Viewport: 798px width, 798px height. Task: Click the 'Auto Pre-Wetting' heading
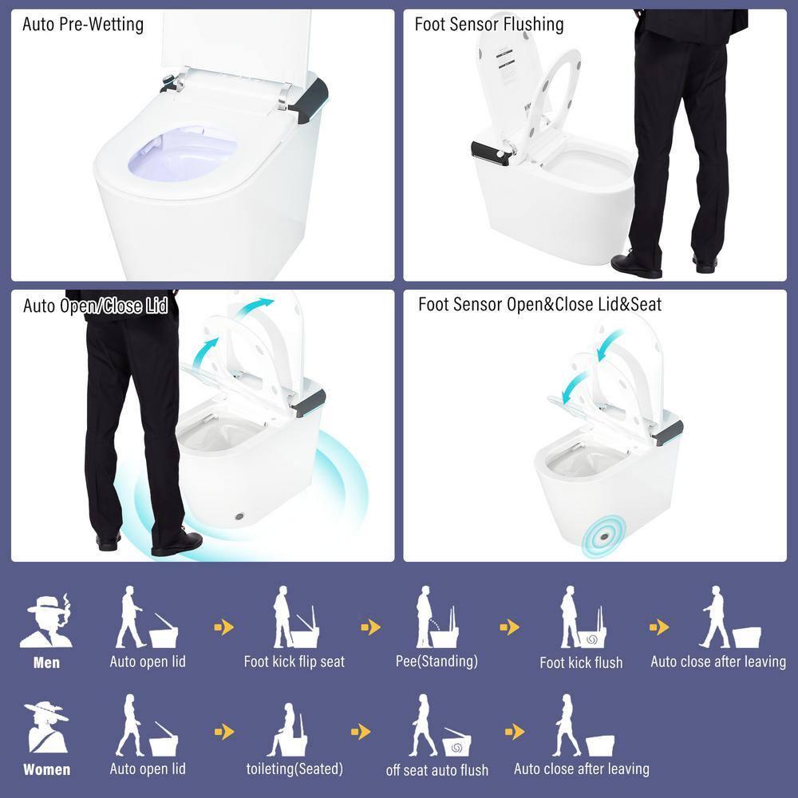click(83, 24)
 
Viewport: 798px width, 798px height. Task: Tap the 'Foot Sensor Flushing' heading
click(488, 24)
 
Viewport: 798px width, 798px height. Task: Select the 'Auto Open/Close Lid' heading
click(95, 306)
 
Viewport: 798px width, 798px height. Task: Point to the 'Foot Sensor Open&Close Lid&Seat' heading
click(539, 304)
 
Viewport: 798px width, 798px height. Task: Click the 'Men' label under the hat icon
click(46, 662)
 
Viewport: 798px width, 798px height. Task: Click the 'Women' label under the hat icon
click(46, 770)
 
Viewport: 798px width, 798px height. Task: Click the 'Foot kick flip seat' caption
click(294, 662)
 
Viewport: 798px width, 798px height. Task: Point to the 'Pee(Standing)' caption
click(437, 661)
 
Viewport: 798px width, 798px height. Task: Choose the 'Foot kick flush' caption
click(581, 662)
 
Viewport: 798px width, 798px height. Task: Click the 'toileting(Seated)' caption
click(294, 768)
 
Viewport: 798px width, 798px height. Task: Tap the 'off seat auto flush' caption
click(437, 770)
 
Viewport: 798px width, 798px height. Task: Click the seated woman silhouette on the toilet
click(288, 730)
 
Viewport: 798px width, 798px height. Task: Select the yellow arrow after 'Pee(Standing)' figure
click(509, 628)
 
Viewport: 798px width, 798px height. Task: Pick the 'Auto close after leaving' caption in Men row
click(717, 662)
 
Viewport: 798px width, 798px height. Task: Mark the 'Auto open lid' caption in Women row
click(148, 768)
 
